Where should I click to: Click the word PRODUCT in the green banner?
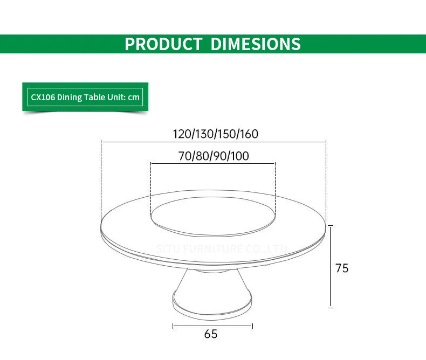[163, 44]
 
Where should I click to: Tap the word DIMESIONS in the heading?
[255, 44]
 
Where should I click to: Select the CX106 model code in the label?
[43, 98]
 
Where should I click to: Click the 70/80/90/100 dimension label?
[213, 156]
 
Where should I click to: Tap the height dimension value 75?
[342, 268]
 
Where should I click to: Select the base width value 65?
[211, 334]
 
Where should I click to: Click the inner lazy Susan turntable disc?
[213, 214]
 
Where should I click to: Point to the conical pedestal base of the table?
[211, 291]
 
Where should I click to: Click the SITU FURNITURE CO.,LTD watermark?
[222, 249]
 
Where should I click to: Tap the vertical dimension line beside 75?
[331, 267]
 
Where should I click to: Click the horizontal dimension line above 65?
[212, 326]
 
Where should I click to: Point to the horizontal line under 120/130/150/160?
[214, 142]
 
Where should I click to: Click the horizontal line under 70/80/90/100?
[213, 163]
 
